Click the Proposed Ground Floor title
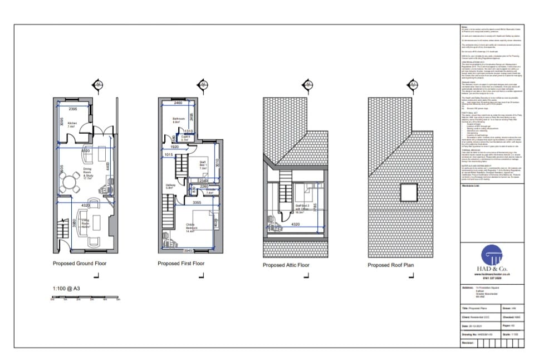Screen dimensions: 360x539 click(80, 264)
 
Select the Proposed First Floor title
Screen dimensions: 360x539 click(181, 264)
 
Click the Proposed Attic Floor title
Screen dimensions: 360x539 click(286, 265)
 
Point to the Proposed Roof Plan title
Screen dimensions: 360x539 click(390, 265)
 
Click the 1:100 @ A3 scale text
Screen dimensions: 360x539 click(66, 288)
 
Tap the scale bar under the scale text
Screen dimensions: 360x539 click(85, 298)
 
